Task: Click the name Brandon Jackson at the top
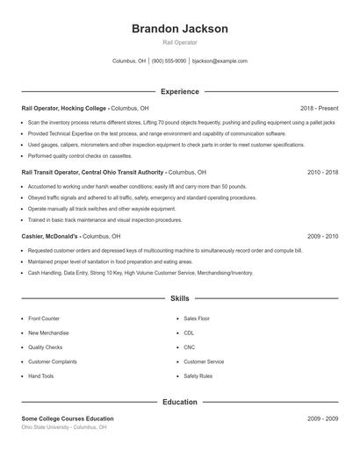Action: click(x=179, y=29)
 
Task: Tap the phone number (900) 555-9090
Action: click(x=169, y=61)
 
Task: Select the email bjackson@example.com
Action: click(x=220, y=61)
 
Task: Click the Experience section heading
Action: click(x=179, y=91)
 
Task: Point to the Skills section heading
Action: click(x=179, y=299)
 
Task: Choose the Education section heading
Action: click(x=179, y=403)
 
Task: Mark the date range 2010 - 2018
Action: click(x=323, y=173)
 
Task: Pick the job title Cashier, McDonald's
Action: click(x=50, y=237)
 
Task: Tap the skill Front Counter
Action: click(x=44, y=318)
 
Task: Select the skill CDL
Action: click(x=189, y=333)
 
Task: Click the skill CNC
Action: click(x=189, y=347)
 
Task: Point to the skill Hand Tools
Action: click(x=40, y=376)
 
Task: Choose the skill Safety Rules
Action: click(x=198, y=376)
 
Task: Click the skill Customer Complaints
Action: click(x=52, y=361)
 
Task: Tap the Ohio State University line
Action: click(x=64, y=427)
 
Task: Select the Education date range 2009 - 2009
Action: click(x=323, y=418)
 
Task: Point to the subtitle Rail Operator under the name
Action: click(x=179, y=42)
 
